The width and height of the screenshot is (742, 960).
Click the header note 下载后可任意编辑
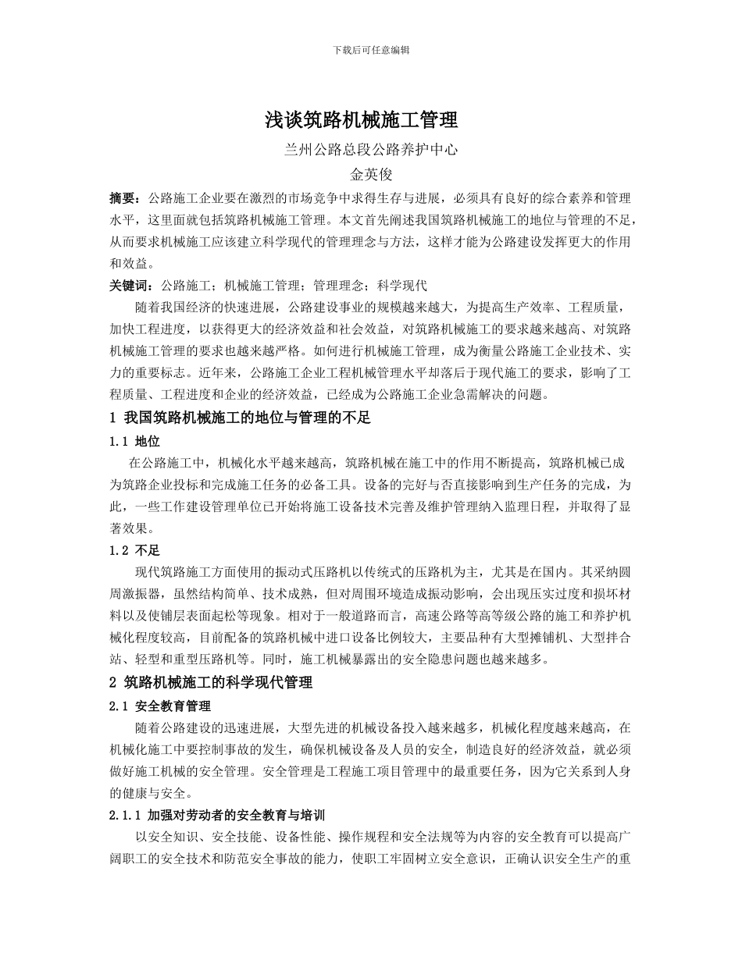pyautogui.click(x=371, y=49)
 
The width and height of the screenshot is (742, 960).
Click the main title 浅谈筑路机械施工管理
pyautogui.click(x=371, y=120)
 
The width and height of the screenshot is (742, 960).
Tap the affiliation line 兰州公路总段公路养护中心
pyautogui.click(x=371, y=150)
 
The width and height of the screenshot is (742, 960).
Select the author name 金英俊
pyautogui.click(x=371, y=174)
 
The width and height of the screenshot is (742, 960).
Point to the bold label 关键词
pyautogui.click(x=131, y=286)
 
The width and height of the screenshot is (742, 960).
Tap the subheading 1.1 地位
pyautogui.click(x=135, y=441)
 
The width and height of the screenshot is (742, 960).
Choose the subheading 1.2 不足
pyautogui.click(x=135, y=550)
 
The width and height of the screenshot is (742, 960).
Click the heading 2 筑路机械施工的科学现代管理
pyautogui.click(x=211, y=683)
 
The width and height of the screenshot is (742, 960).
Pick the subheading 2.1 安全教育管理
pyautogui.click(x=161, y=706)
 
